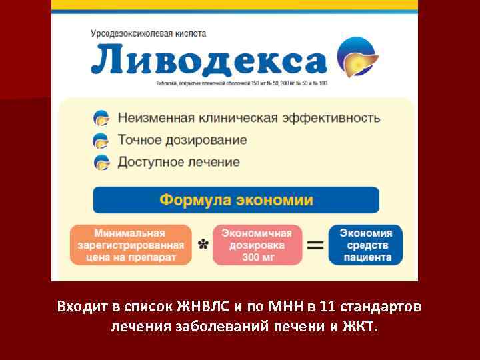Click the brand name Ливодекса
(x=208, y=60)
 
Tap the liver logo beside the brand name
(x=357, y=57)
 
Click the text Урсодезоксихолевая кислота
(x=149, y=33)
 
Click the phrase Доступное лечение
(x=179, y=162)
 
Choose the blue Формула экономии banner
(x=236, y=200)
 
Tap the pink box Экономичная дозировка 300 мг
(x=257, y=245)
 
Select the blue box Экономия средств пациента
(x=366, y=245)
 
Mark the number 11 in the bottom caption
(x=327, y=307)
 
